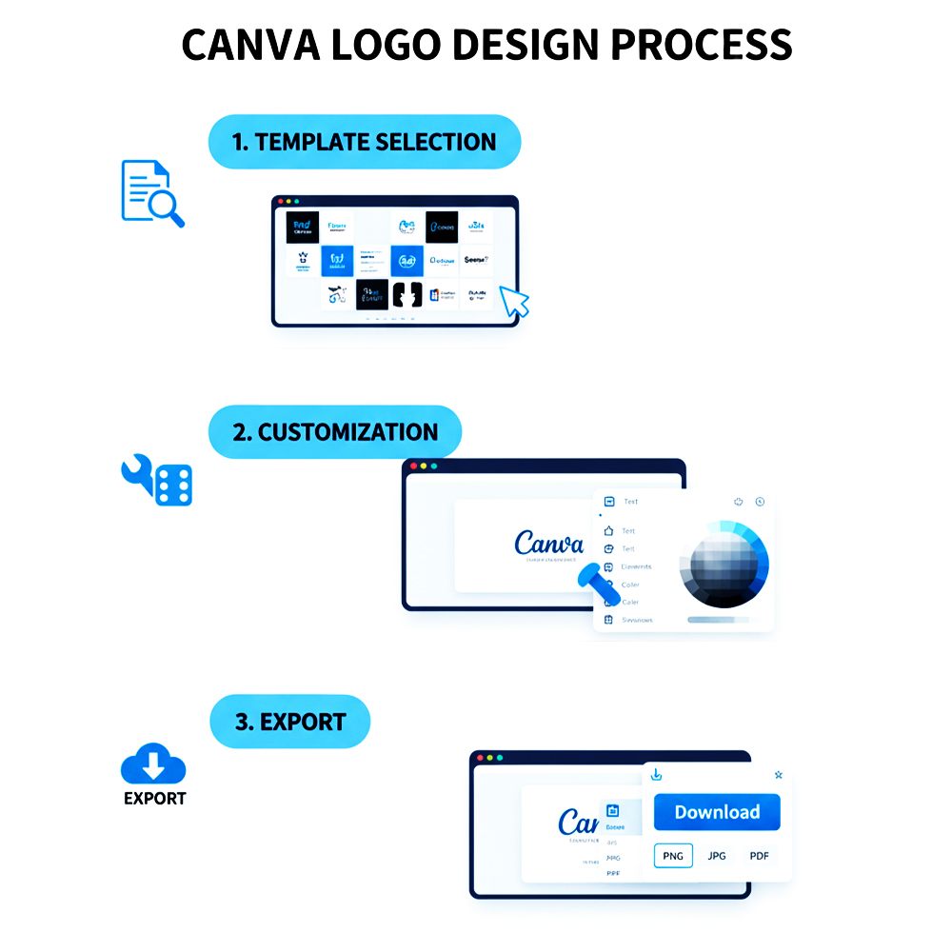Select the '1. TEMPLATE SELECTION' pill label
364,142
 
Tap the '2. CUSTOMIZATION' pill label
334,432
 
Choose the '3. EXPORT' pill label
289,722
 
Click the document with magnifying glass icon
151,193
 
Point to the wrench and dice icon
157,480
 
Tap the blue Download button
717,812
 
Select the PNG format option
673,856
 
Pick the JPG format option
717,856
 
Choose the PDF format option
759,856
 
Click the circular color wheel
723,564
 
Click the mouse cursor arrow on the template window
514,301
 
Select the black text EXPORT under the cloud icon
154,799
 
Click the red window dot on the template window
280,202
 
